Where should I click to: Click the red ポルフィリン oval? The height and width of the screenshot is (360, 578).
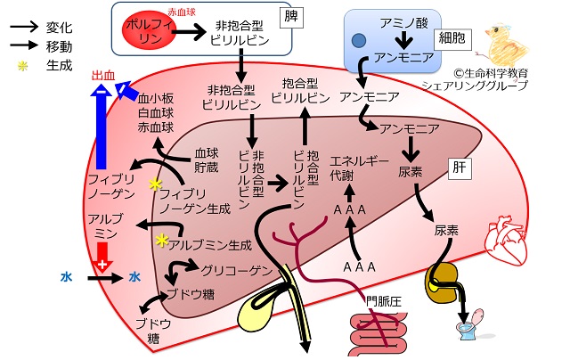[x=149, y=29]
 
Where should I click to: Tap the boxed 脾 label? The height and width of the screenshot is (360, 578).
[x=291, y=17]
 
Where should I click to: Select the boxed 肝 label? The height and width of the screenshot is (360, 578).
[x=460, y=168]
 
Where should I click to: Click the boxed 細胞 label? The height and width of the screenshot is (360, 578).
[x=452, y=38]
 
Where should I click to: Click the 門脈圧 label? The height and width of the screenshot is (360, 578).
[x=383, y=302]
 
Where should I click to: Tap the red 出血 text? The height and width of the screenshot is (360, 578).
[x=103, y=75]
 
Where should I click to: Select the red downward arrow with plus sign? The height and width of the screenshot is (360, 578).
[x=102, y=258]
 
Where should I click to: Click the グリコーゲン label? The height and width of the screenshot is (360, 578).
[x=236, y=270]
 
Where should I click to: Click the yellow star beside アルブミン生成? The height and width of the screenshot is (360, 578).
[x=162, y=240]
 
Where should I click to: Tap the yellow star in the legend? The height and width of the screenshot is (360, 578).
[x=23, y=66]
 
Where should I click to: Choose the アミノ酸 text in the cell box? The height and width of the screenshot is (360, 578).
[x=404, y=23]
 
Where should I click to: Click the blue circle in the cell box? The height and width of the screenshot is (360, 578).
[x=359, y=41]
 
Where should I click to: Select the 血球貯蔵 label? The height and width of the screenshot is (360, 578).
[x=207, y=160]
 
